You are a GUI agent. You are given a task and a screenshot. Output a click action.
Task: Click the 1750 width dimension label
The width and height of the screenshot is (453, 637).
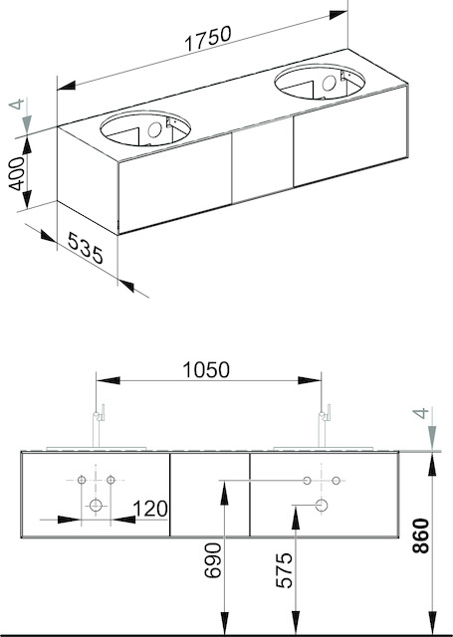click(x=208, y=38)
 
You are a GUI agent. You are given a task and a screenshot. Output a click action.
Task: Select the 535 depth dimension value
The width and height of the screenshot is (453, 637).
click(x=86, y=248)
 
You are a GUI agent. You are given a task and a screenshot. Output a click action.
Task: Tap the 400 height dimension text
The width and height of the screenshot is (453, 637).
click(x=17, y=174)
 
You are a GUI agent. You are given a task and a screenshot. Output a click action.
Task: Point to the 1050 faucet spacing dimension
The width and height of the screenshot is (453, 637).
click(x=206, y=369)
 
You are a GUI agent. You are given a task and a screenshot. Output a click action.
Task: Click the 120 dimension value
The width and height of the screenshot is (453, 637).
click(x=150, y=509)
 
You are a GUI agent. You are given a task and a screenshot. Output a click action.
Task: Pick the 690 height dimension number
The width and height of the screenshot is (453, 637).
click(x=213, y=560)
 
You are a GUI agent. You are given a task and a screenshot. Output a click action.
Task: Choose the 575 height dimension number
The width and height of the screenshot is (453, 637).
click(x=284, y=570)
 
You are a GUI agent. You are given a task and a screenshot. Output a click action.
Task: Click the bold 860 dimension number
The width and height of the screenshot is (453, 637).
click(x=421, y=535)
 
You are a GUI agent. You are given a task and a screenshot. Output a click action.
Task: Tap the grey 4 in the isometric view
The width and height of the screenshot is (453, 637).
click(x=17, y=104)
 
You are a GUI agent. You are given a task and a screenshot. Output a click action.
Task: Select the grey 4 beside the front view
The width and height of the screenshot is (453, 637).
click(x=420, y=414)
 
